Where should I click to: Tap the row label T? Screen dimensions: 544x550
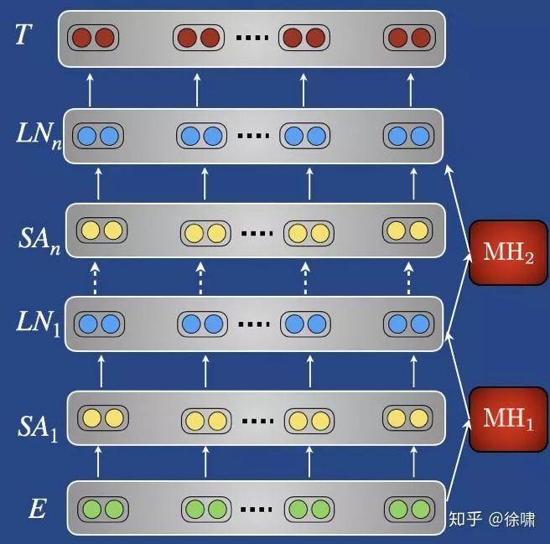pyautogui.click(x=24, y=35)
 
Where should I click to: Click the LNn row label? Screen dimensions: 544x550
pyautogui.click(x=37, y=134)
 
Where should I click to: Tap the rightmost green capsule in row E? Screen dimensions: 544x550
pyautogui.click(x=407, y=508)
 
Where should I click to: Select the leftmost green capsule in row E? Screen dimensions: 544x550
pyautogui.click(x=101, y=508)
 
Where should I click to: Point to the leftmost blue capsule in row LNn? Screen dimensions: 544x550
pyautogui.click(x=96, y=135)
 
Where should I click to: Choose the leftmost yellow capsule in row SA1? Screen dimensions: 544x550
pyautogui.click(x=101, y=417)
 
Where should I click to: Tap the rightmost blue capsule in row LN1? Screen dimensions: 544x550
pyautogui.click(x=407, y=323)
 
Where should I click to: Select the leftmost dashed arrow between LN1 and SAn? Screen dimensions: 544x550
pyautogui.click(x=100, y=277)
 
